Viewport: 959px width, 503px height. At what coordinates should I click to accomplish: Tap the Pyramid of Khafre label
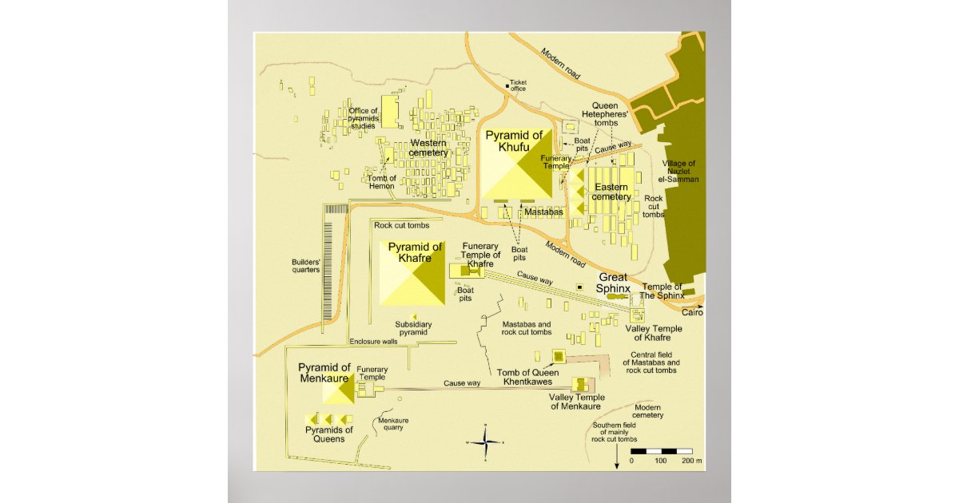coord(415,252)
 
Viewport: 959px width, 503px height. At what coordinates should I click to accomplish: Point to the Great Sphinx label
coord(614,283)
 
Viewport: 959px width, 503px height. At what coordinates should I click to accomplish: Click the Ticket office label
coord(518,85)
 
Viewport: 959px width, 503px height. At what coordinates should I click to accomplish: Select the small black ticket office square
coord(507,86)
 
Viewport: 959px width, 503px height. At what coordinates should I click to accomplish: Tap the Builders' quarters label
coord(306,266)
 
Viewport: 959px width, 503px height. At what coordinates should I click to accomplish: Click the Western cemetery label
coord(428,148)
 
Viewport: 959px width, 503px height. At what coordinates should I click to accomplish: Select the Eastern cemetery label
coord(611,192)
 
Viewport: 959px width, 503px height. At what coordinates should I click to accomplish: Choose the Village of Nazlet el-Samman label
coord(680,172)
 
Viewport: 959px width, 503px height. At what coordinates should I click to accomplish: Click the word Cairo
coord(692,313)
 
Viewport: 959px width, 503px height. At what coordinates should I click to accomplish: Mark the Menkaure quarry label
coord(392,424)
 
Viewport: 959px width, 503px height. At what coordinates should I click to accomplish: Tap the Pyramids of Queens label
coord(318,435)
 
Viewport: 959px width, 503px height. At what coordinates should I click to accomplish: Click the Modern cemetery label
coord(648,411)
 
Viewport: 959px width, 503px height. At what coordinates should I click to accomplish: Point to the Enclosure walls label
coord(373,342)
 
